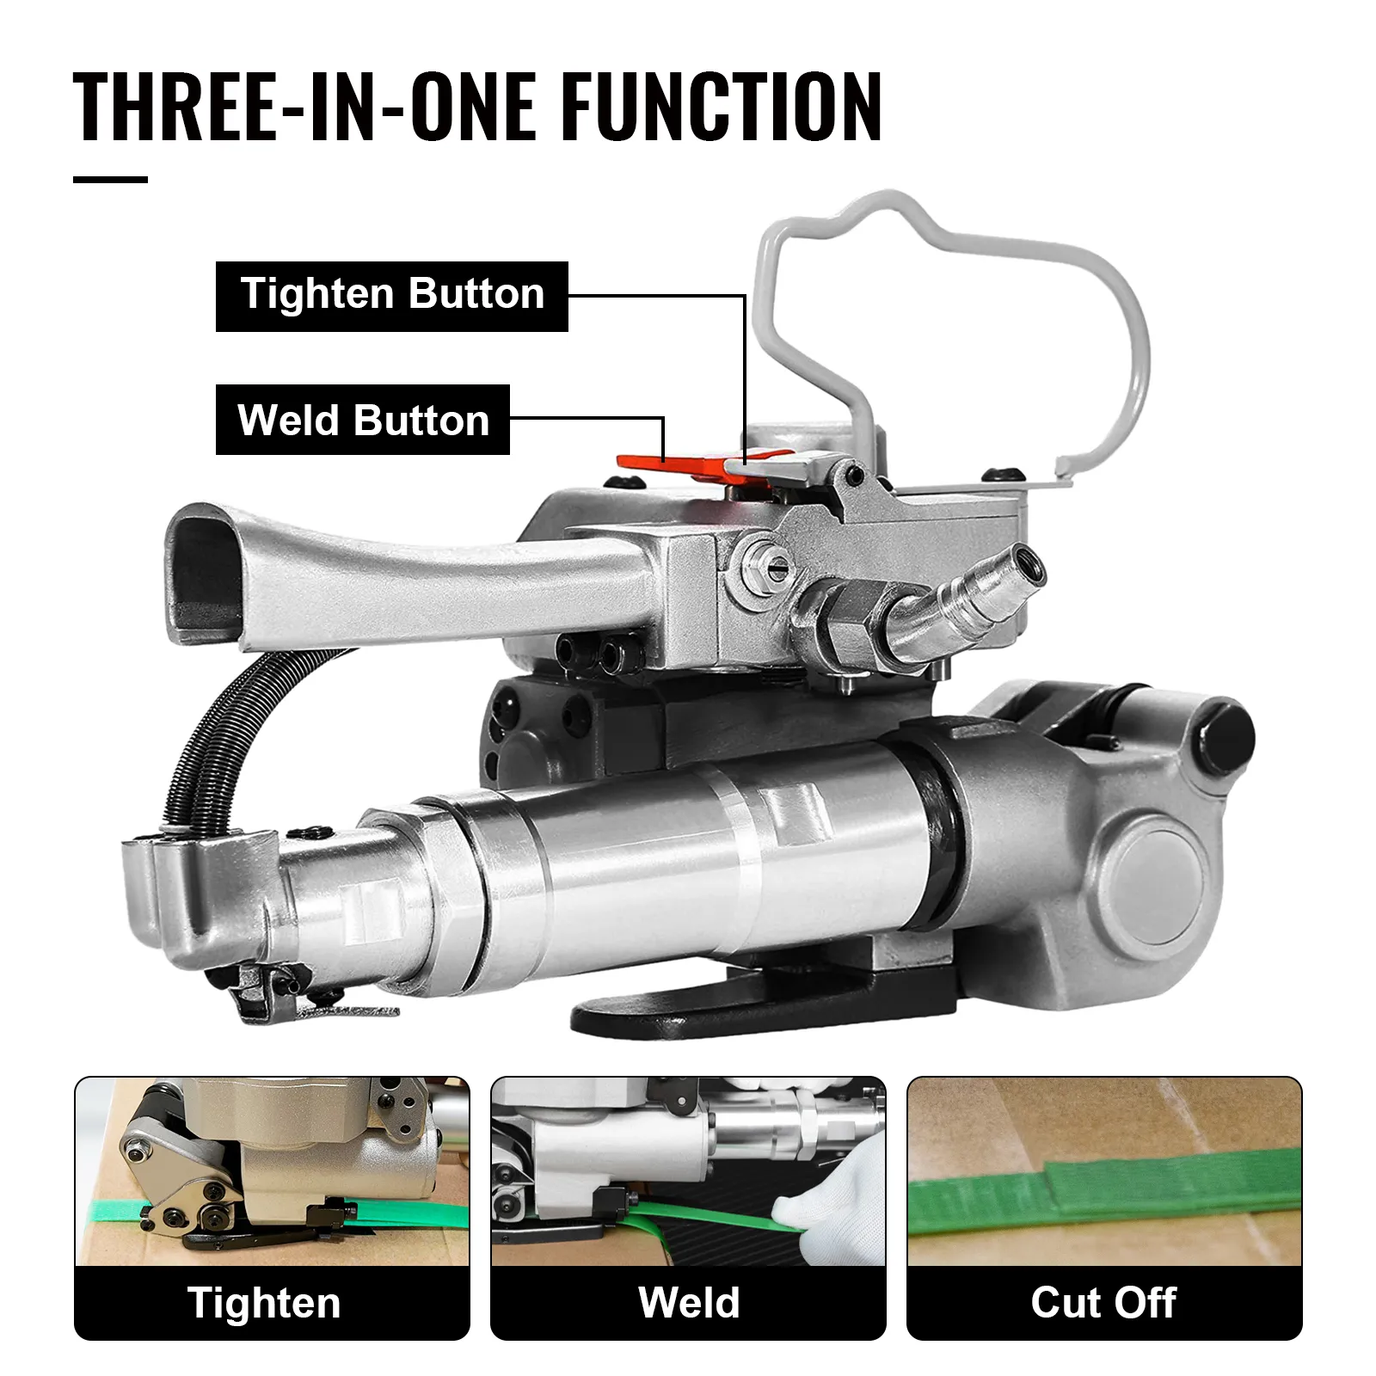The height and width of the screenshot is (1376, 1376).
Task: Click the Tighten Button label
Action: (x=391, y=295)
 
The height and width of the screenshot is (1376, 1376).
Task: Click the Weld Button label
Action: (x=362, y=421)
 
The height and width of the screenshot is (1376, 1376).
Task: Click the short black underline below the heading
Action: (x=110, y=179)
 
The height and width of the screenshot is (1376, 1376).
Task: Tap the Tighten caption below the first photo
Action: (x=264, y=1302)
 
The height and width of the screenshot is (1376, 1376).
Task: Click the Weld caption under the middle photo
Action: (x=688, y=1302)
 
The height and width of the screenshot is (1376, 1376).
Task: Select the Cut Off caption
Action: (x=1103, y=1302)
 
